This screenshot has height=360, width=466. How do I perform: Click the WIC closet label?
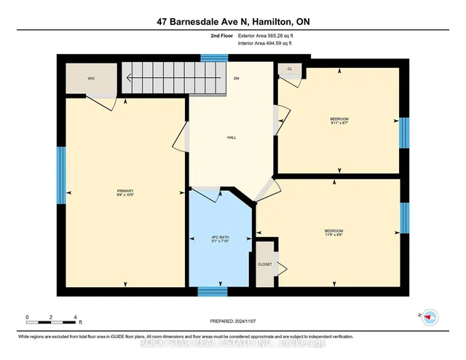coord(92,78)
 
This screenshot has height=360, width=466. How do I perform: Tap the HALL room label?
coord(232,137)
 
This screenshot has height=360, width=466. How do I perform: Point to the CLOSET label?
coord(264,264)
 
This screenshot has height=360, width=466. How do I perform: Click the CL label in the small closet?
coord(289,69)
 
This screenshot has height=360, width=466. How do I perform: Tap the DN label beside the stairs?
coord(237,78)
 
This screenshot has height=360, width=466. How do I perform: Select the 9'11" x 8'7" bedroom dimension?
coord(339,123)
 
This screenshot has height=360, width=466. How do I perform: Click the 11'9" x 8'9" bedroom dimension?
coord(334,235)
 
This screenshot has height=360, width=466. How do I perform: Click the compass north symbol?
coord(430,317)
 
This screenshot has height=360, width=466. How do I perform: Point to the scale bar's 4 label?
coord(75,317)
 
